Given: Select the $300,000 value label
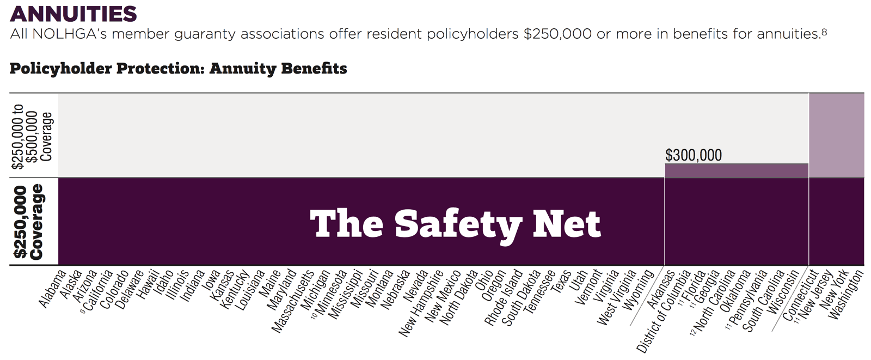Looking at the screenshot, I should [693, 155].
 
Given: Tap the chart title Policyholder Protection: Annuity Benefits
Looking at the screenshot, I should [178, 69].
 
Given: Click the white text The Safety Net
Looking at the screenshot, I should [455, 223].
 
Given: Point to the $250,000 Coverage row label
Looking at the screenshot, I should [29, 222].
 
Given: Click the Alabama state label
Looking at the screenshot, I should [53, 288].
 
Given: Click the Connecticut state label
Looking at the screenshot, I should [800, 295].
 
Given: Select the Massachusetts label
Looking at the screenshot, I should [293, 301].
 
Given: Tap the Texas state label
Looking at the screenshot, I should [561, 282].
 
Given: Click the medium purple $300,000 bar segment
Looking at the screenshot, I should [736, 170].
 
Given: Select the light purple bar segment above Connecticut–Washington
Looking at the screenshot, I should [836, 135].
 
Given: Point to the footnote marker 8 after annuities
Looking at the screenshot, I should [824, 32].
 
